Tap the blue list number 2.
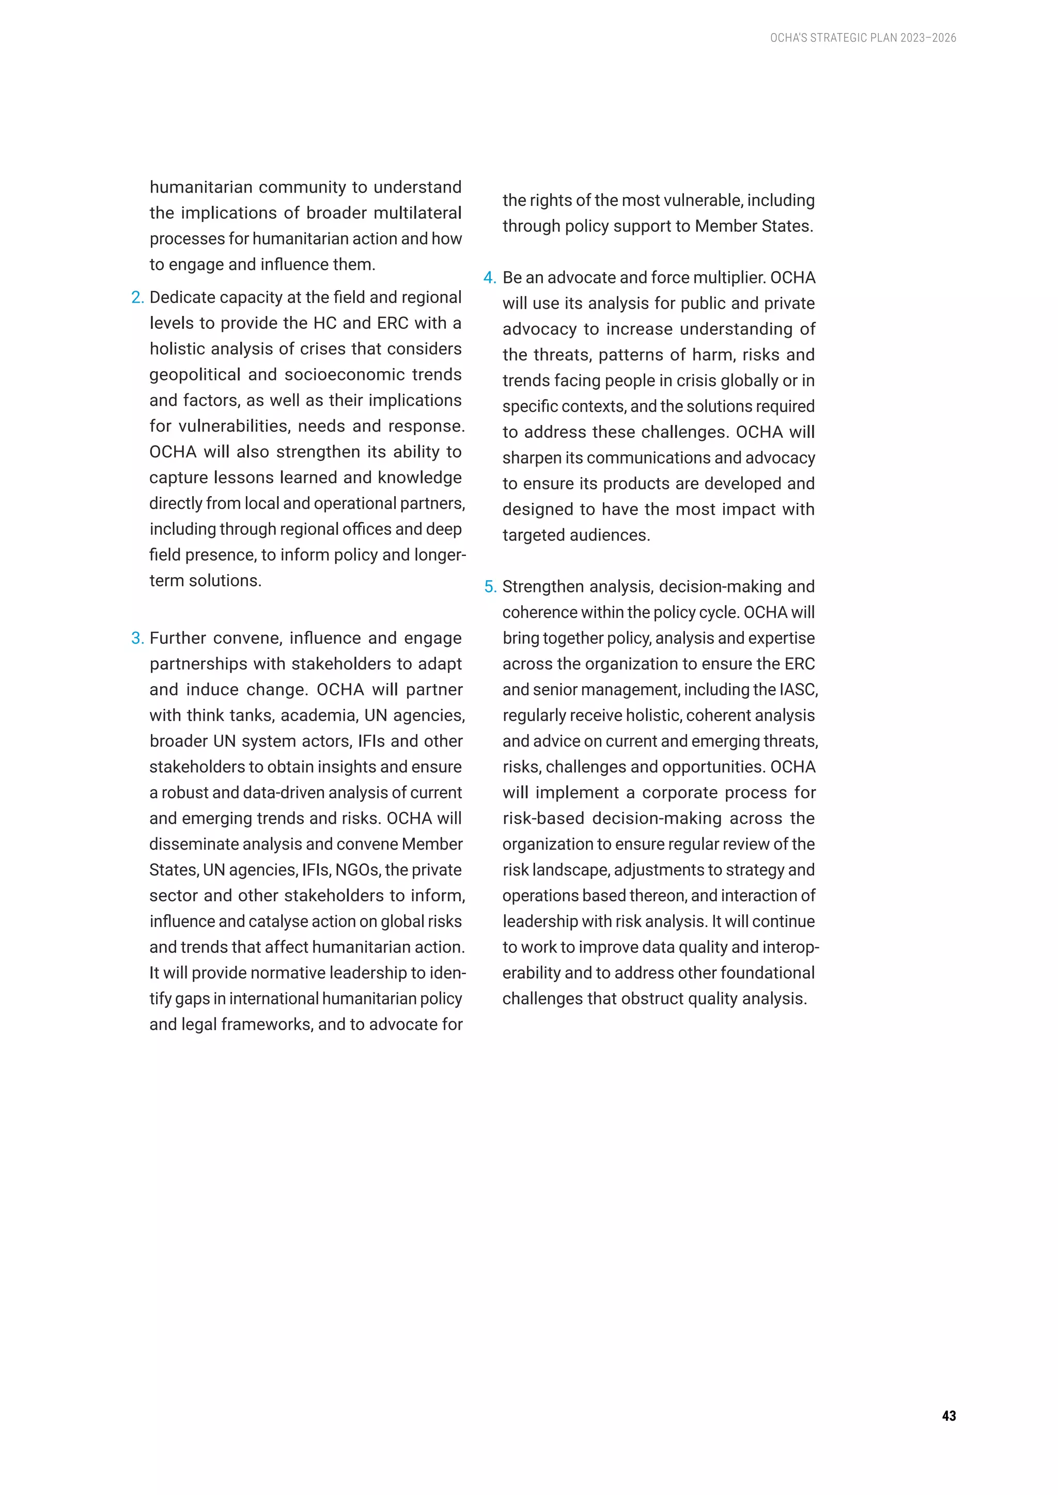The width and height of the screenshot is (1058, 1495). tap(137, 297)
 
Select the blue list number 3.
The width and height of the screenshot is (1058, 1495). tap(137, 638)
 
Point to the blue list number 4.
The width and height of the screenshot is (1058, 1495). tap(489, 278)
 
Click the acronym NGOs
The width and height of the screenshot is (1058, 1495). tap(357, 870)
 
